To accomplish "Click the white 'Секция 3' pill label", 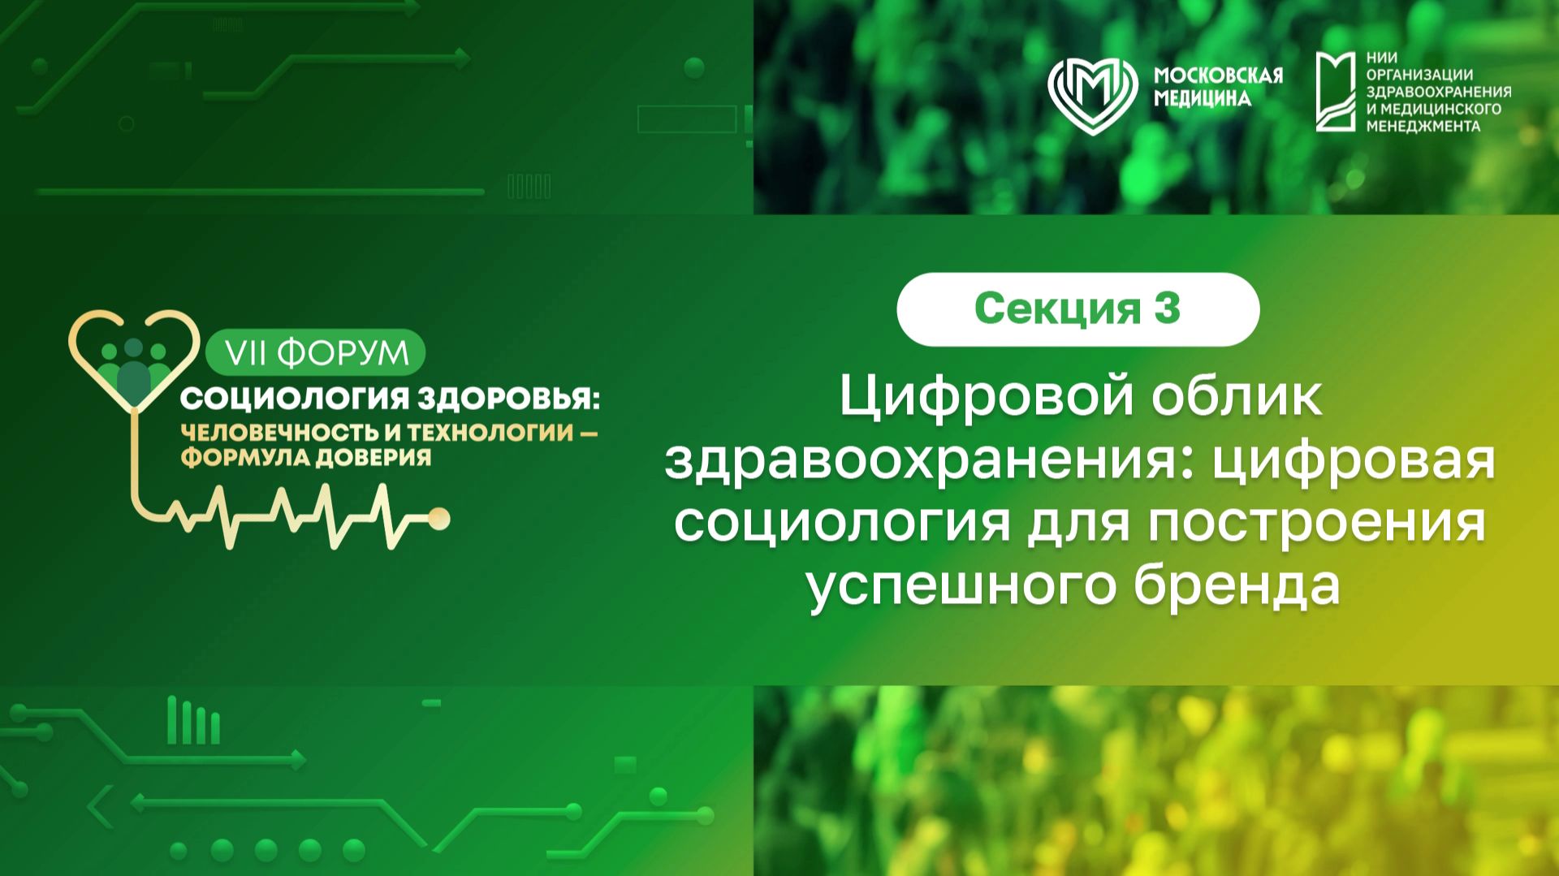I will [1077, 309].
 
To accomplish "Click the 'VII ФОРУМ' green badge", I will [316, 353].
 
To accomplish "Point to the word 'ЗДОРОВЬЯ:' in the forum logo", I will [508, 399].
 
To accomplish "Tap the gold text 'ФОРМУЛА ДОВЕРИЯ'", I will [306, 458].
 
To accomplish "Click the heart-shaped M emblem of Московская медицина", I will [1092, 95].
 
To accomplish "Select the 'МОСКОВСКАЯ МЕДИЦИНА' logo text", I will [1218, 87].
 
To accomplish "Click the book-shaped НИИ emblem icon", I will [1336, 92].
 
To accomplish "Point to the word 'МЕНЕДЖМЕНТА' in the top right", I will [1423, 127].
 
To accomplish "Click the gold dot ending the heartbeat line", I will [439, 519].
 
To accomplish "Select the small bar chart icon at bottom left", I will [193, 721].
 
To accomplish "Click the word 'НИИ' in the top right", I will [1382, 58].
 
